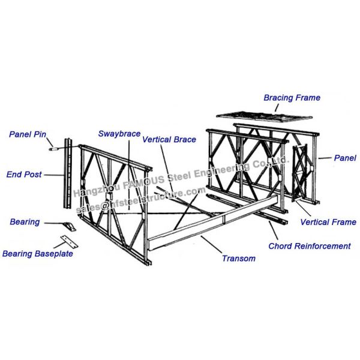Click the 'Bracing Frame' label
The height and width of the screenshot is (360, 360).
(292, 97)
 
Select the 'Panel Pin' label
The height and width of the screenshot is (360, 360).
(27, 134)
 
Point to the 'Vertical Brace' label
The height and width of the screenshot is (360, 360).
(169, 139)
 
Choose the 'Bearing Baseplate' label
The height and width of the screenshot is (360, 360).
(37, 254)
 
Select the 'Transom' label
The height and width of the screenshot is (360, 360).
(238, 259)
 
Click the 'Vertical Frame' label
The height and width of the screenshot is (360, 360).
(328, 222)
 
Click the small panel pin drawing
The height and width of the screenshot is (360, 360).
(55, 143)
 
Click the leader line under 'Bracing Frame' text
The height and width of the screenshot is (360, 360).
(277, 107)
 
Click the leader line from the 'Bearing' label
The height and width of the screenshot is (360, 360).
(53, 223)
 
